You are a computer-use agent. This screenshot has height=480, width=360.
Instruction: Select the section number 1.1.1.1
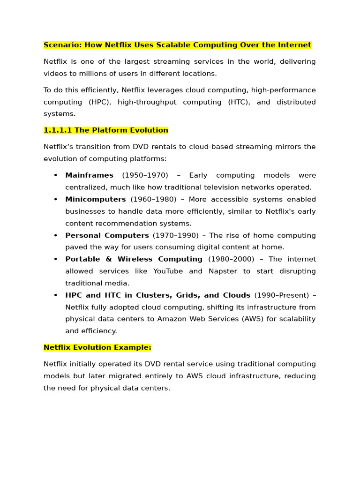coord(57,130)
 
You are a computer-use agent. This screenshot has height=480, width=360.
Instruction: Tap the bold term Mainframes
coord(89,175)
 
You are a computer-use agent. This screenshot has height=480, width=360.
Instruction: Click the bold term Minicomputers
coord(96,199)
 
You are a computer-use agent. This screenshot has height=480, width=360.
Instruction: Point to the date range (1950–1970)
coord(145,175)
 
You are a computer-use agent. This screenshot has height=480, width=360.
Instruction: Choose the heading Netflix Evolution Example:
coord(97,347)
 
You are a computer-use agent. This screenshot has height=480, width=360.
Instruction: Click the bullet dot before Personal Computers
coord(55,235)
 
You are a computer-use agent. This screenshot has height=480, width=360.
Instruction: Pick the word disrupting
coord(295,271)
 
